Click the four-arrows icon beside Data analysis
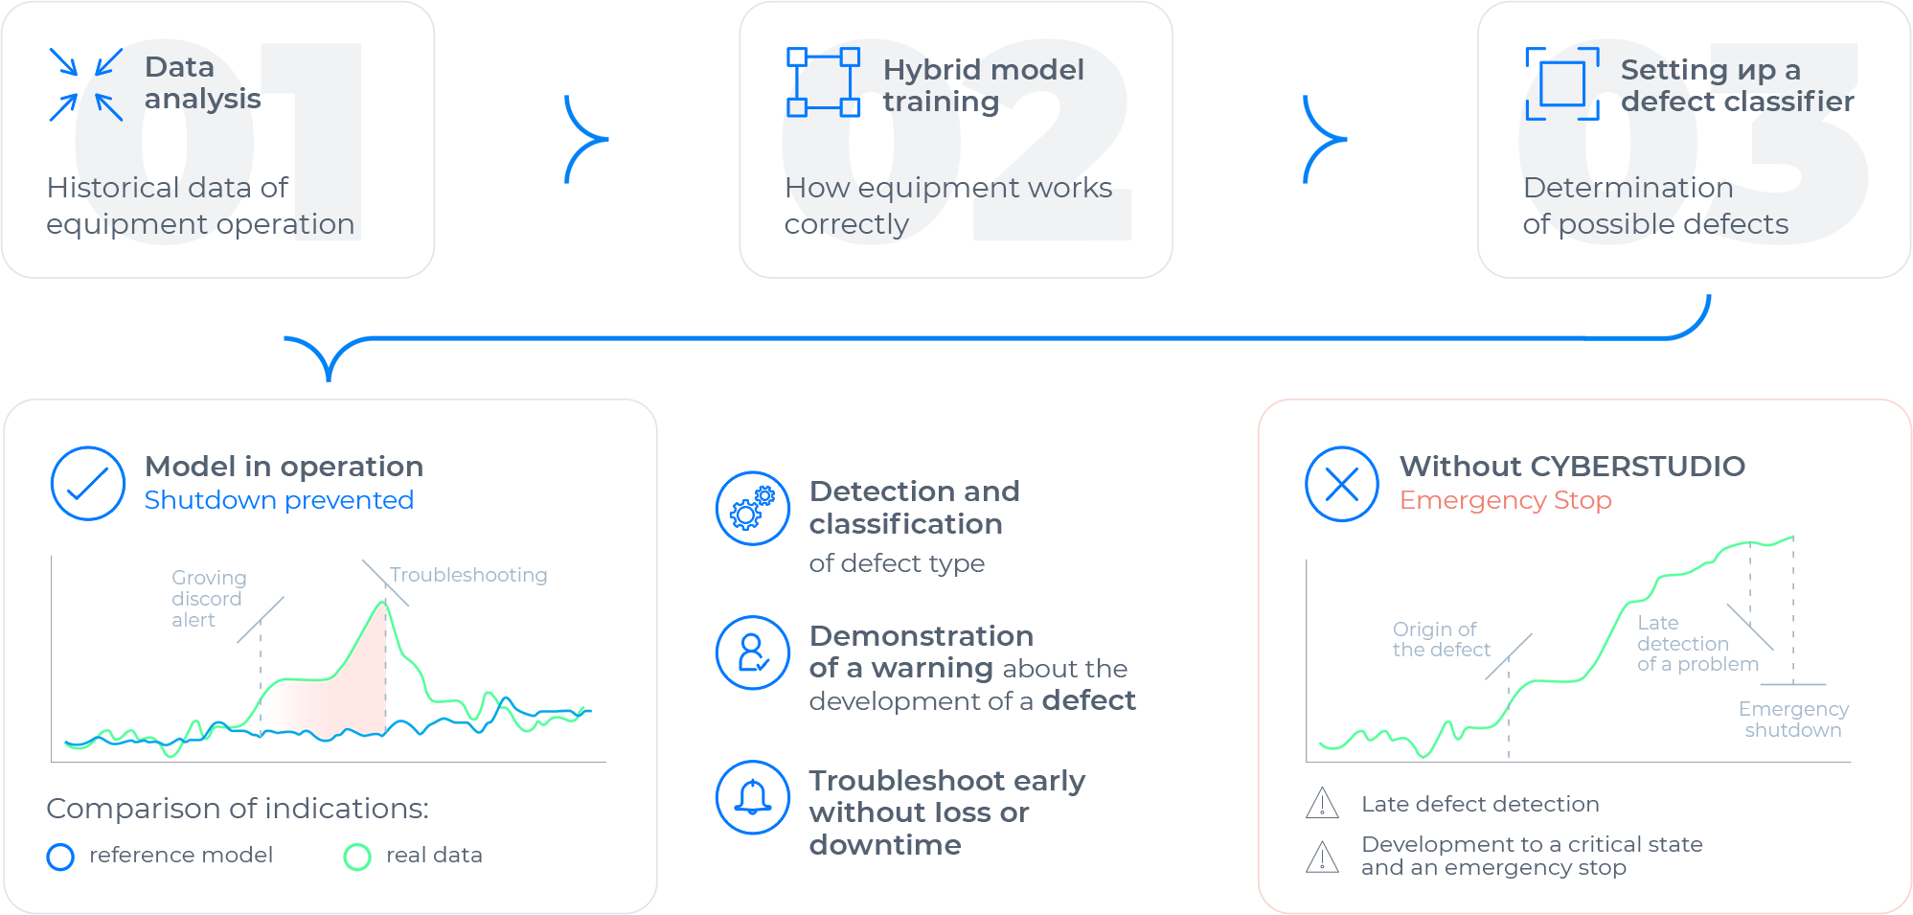[86, 84]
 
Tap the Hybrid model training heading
[983, 85]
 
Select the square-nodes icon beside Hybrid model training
[823, 81]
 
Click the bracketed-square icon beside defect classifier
[1562, 83]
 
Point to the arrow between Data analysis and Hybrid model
[586, 139]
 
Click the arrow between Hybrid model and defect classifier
[1325, 139]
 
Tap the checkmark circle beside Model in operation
[88, 484]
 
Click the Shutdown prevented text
[279, 500]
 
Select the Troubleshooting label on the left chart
[468, 575]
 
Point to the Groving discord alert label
[209, 599]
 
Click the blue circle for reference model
[60, 857]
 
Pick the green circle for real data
[357, 857]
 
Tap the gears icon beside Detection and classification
[753, 509]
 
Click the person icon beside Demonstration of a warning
[753, 652]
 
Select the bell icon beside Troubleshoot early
[753, 797]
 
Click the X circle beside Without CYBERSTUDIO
[1342, 484]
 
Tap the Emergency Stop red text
[1505, 500]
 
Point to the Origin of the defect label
[1441, 639]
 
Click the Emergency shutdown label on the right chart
[1793, 720]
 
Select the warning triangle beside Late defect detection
[1322, 803]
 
